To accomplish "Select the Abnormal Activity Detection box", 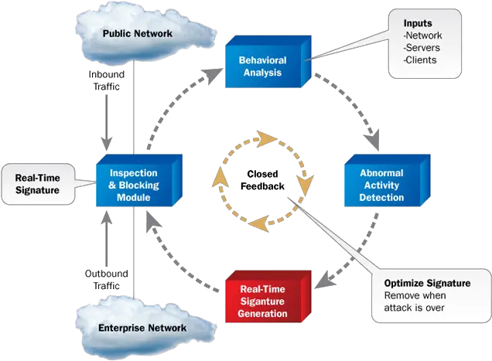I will click(x=375, y=185).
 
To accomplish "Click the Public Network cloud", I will click(x=138, y=34).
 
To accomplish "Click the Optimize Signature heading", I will click(x=427, y=283).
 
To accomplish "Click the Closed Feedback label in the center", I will click(x=264, y=180).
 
